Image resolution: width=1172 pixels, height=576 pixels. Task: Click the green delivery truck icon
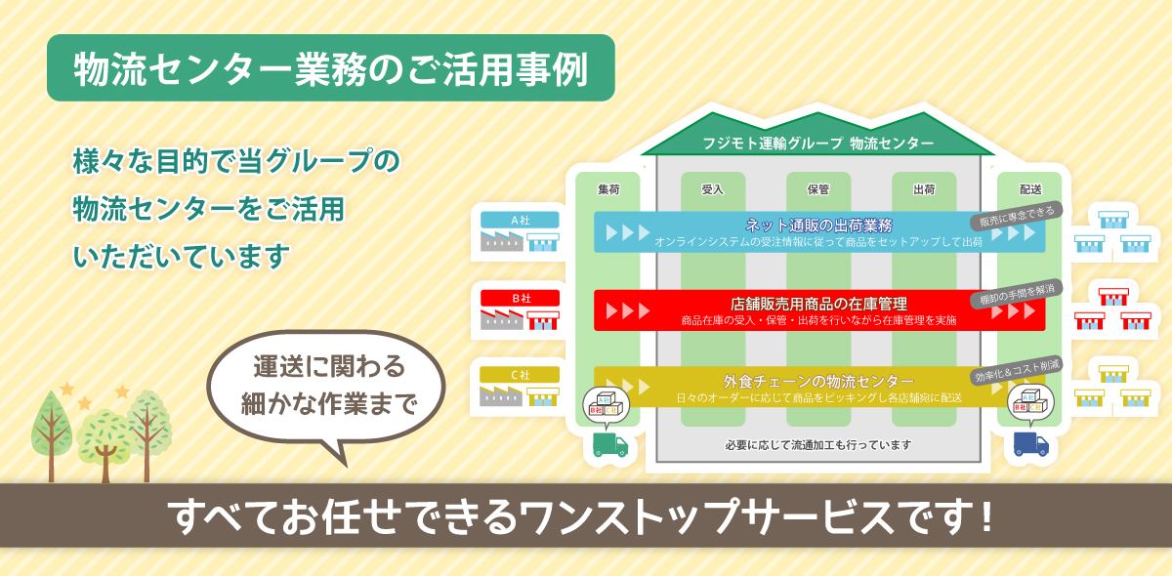[x=610, y=444]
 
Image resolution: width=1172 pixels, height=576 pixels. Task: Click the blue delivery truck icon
[x=1030, y=444]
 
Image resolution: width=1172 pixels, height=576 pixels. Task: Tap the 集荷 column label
[x=608, y=189]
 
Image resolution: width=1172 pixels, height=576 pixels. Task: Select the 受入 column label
[x=713, y=189]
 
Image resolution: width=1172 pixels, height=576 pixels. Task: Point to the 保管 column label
[x=818, y=189]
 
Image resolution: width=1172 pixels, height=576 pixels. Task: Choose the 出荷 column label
[x=924, y=189]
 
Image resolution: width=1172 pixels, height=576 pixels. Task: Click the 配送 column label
[x=1030, y=189]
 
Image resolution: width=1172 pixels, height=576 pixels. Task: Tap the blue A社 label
[x=520, y=221]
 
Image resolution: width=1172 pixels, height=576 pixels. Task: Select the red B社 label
[x=520, y=298]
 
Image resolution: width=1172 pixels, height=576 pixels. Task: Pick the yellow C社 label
[x=520, y=375]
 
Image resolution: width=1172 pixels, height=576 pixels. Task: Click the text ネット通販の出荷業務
[x=818, y=226]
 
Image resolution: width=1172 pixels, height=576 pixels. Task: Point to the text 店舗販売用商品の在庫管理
[x=818, y=304]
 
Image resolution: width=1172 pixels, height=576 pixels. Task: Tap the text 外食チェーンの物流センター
[x=818, y=381]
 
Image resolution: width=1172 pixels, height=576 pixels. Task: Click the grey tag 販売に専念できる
[x=1016, y=216]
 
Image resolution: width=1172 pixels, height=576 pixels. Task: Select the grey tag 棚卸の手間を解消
[x=1016, y=294]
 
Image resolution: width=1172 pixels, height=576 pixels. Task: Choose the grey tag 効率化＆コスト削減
[x=1016, y=370]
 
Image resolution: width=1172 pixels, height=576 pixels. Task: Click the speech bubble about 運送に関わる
[x=326, y=389]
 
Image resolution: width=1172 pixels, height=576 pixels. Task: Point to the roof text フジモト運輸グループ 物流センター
[x=817, y=143]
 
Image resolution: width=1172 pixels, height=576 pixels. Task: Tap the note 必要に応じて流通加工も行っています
[x=817, y=444]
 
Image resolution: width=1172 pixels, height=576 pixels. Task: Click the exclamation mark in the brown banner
[x=986, y=515]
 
